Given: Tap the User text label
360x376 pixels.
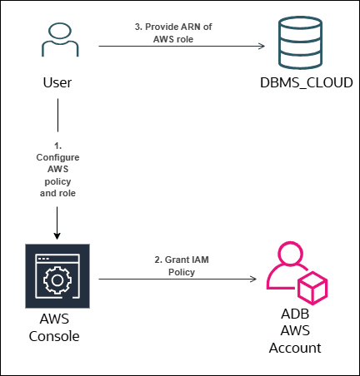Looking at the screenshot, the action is tap(57, 82).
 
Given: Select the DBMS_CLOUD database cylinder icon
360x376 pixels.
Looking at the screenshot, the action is tap(300, 42).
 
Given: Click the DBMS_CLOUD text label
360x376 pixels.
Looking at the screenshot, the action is tap(307, 82).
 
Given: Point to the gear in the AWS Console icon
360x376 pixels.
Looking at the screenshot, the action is tap(57, 280).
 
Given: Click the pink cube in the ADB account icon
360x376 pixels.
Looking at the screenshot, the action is tap(312, 289).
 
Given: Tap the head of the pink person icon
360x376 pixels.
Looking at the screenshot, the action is tap(291, 253).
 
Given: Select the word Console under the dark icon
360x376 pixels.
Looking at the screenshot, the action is tap(54, 336).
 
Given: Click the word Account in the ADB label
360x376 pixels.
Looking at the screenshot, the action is tap(295, 348).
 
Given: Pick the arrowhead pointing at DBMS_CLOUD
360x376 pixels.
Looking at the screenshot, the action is tap(262, 46).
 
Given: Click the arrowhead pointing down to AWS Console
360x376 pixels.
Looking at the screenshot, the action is tap(57, 236).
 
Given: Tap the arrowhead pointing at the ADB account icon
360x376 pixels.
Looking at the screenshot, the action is tap(253, 279).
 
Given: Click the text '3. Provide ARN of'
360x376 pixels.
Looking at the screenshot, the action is tap(173, 27).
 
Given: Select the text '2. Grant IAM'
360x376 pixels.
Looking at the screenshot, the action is tap(182, 260).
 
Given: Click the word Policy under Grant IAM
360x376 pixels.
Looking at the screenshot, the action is tap(182, 272).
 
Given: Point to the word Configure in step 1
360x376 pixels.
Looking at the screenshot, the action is tap(57, 157).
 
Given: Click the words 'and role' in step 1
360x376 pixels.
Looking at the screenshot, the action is tap(57, 193).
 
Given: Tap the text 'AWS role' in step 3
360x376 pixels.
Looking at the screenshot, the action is tap(173, 39).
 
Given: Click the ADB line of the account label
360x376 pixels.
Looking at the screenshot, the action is tap(295, 314).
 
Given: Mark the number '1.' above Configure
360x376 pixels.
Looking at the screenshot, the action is tap(57, 146).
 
